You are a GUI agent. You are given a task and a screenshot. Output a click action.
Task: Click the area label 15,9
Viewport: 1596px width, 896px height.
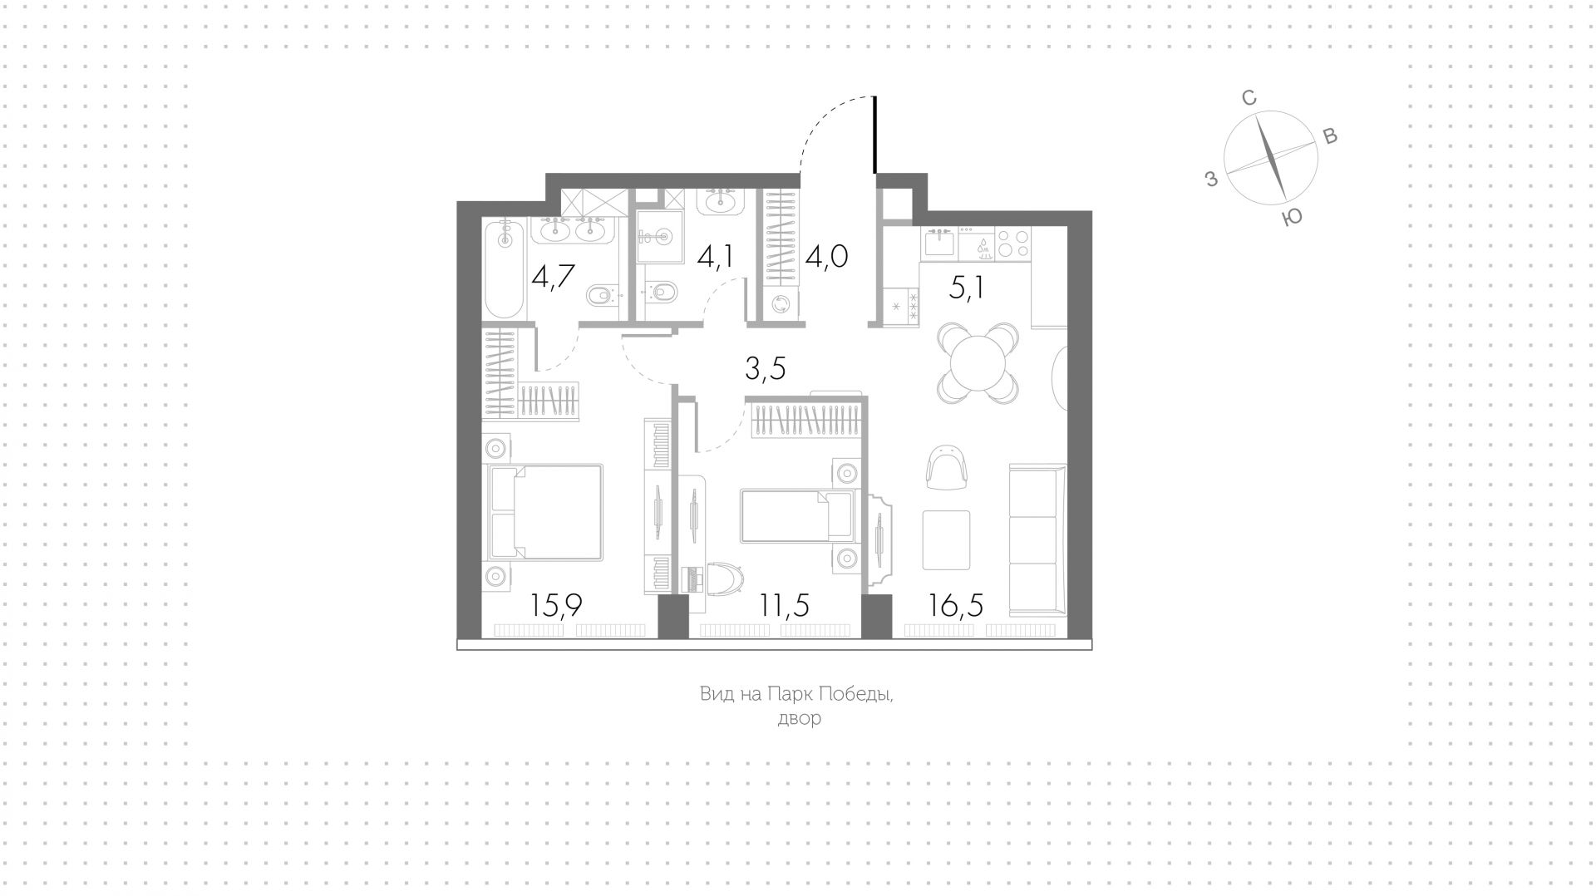[556, 605]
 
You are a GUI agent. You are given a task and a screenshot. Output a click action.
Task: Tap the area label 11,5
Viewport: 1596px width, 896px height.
[784, 605]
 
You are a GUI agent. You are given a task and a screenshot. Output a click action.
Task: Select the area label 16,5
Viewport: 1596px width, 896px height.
[957, 605]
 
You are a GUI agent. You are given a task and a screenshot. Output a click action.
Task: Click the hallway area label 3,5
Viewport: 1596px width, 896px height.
[766, 368]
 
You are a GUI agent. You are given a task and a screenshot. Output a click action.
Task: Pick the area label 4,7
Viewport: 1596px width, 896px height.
[554, 274]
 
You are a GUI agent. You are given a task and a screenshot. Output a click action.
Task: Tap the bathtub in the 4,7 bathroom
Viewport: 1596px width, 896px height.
[504, 268]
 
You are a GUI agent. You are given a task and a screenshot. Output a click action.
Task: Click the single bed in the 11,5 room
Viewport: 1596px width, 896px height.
[797, 514]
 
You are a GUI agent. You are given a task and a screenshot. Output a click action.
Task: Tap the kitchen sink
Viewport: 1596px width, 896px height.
[939, 244]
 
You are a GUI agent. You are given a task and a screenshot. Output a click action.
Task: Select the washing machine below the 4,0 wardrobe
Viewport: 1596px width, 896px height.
[781, 304]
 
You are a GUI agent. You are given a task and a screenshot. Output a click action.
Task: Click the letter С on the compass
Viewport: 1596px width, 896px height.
[1249, 98]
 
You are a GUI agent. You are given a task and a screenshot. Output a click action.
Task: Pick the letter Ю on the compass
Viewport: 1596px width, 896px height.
[1292, 218]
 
